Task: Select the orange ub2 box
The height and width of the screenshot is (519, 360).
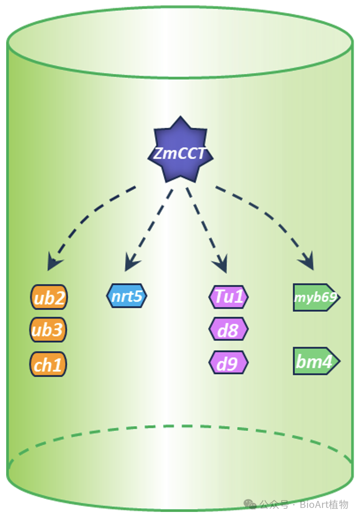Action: click(x=49, y=297)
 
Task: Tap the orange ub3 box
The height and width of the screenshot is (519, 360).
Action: click(x=48, y=330)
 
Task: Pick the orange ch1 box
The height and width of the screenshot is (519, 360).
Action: click(x=48, y=364)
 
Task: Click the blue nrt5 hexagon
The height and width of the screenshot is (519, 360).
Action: click(x=127, y=296)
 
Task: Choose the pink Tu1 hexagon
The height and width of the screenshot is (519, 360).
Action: click(x=229, y=297)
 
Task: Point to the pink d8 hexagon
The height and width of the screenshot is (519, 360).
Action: click(x=229, y=329)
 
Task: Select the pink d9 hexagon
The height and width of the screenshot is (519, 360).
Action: click(x=229, y=363)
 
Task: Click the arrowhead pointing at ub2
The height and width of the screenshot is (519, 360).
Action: click(x=54, y=263)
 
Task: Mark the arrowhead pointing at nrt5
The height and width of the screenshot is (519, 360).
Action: click(x=131, y=263)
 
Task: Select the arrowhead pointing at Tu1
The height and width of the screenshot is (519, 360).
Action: click(x=221, y=265)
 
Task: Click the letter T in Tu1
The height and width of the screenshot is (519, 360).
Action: click(x=219, y=296)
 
